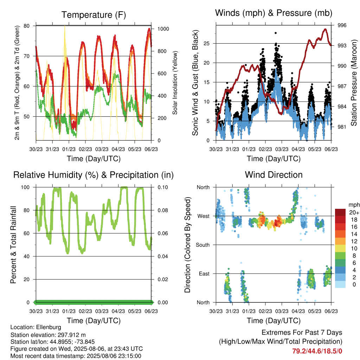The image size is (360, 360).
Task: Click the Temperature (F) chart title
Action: pos(94,15)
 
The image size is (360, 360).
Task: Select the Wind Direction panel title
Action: pos(274,175)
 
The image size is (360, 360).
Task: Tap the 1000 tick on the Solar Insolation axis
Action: pos(163,29)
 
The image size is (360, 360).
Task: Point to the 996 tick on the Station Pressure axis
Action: pos(342,25)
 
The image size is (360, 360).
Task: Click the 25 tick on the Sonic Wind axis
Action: pos(207,43)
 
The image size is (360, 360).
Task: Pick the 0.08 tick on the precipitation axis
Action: pos(163,210)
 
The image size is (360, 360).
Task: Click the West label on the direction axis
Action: pos(204,216)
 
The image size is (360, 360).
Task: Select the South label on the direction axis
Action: pos(203,245)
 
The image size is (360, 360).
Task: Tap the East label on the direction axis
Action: pos(204,274)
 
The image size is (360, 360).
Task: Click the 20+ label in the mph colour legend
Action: pos(354,212)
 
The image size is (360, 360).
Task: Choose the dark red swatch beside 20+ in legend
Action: pos(340,212)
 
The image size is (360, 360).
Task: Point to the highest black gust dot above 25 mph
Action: pos(276,33)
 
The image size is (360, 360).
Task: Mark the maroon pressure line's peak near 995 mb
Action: pos(325,29)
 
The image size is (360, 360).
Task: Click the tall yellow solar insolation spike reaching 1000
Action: pos(65,27)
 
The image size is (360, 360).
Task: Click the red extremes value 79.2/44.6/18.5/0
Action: pos(317,351)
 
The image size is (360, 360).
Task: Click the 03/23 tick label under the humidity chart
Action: pos(102,311)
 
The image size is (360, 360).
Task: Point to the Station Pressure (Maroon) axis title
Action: pos(354,83)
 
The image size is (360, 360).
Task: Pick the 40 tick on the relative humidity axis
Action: pos(27,256)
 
